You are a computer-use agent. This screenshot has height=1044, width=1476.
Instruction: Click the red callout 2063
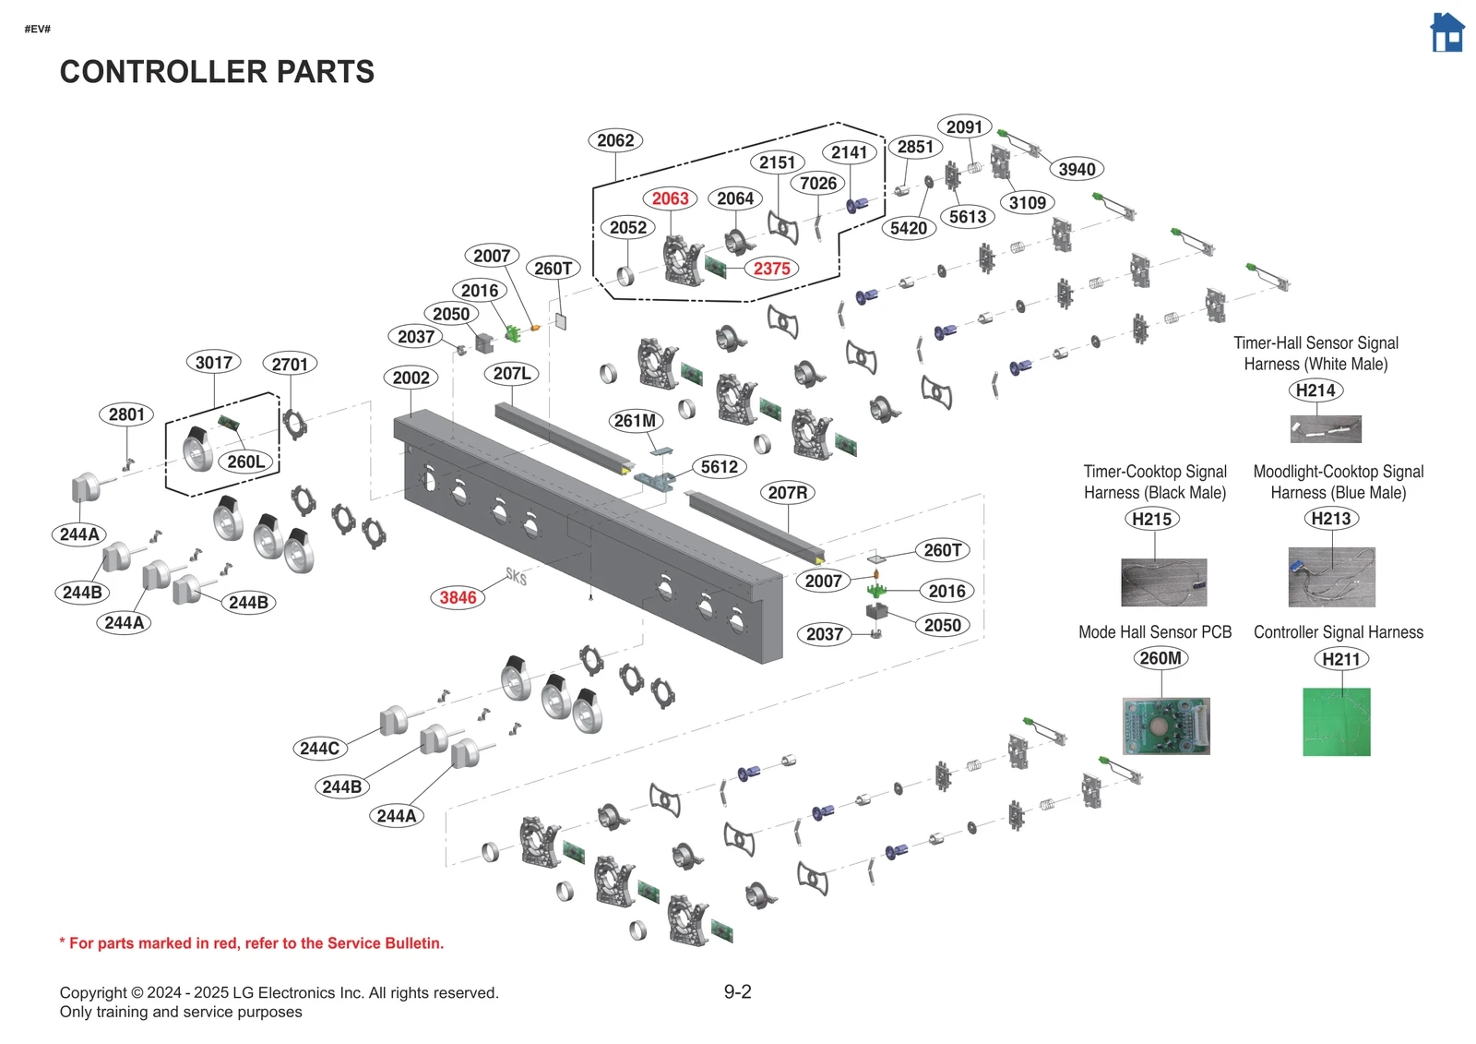[x=670, y=198]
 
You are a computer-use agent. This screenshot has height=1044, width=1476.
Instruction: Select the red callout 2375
[x=771, y=269]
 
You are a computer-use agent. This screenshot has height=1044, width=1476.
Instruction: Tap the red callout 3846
[x=458, y=597]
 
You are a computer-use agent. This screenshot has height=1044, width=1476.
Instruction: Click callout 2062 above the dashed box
[x=614, y=140]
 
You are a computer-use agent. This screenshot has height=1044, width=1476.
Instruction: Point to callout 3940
[x=1077, y=169]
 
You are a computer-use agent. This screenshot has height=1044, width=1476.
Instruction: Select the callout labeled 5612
[x=719, y=467]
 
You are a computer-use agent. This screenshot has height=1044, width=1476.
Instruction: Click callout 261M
[x=635, y=421]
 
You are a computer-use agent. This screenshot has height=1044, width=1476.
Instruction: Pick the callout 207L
[x=511, y=374]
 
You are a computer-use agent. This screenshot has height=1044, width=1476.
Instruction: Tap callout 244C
[x=319, y=749]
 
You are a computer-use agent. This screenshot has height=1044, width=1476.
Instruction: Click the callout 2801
[x=126, y=414]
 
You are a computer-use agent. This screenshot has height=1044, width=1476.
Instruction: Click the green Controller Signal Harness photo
[x=1336, y=722]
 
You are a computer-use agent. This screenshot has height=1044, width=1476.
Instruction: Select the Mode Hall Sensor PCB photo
[x=1166, y=726]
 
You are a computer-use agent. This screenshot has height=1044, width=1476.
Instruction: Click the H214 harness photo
[x=1325, y=429]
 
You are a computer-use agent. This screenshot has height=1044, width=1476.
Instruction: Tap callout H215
[x=1151, y=519]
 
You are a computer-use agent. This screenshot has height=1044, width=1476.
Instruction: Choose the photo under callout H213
[x=1331, y=577]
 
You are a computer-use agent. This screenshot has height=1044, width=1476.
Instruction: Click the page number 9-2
[x=737, y=992]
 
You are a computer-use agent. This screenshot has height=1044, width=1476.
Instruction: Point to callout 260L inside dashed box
[x=246, y=462]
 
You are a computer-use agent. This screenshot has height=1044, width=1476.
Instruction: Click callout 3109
[x=1027, y=203]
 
